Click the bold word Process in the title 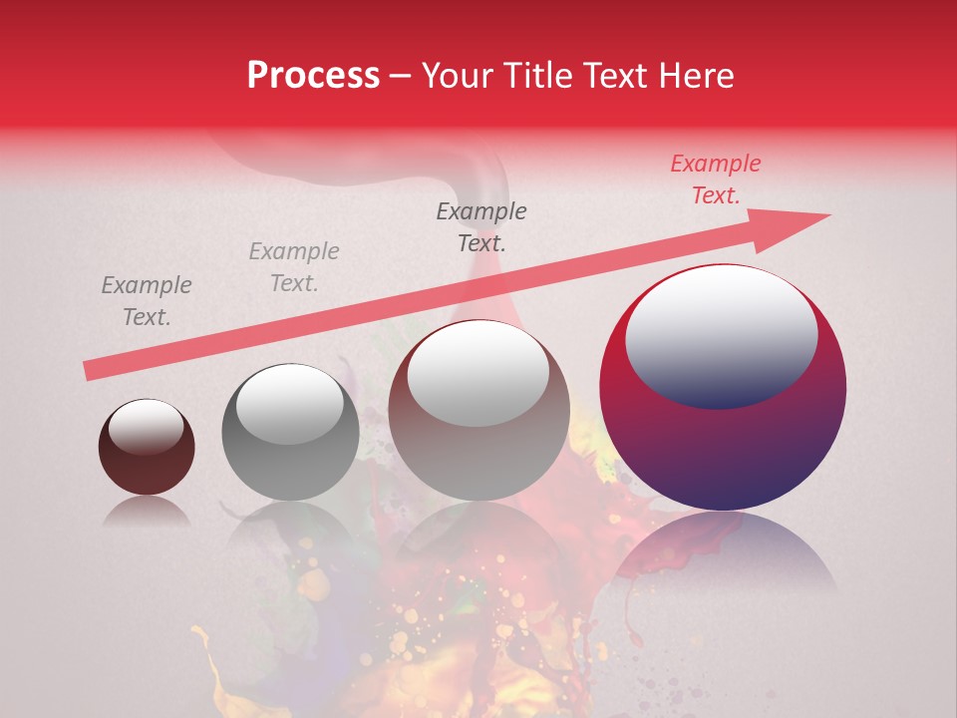click(x=313, y=76)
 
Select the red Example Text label click(x=715, y=179)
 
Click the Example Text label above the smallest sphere click(x=147, y=301)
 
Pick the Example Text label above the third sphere click(x=481, y=226)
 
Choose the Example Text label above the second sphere click(x=294, y=267)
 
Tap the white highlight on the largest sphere click(x=722, y=334)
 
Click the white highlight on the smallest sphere click(x=146, y=426)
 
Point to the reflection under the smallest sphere click(x=147, y=514)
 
